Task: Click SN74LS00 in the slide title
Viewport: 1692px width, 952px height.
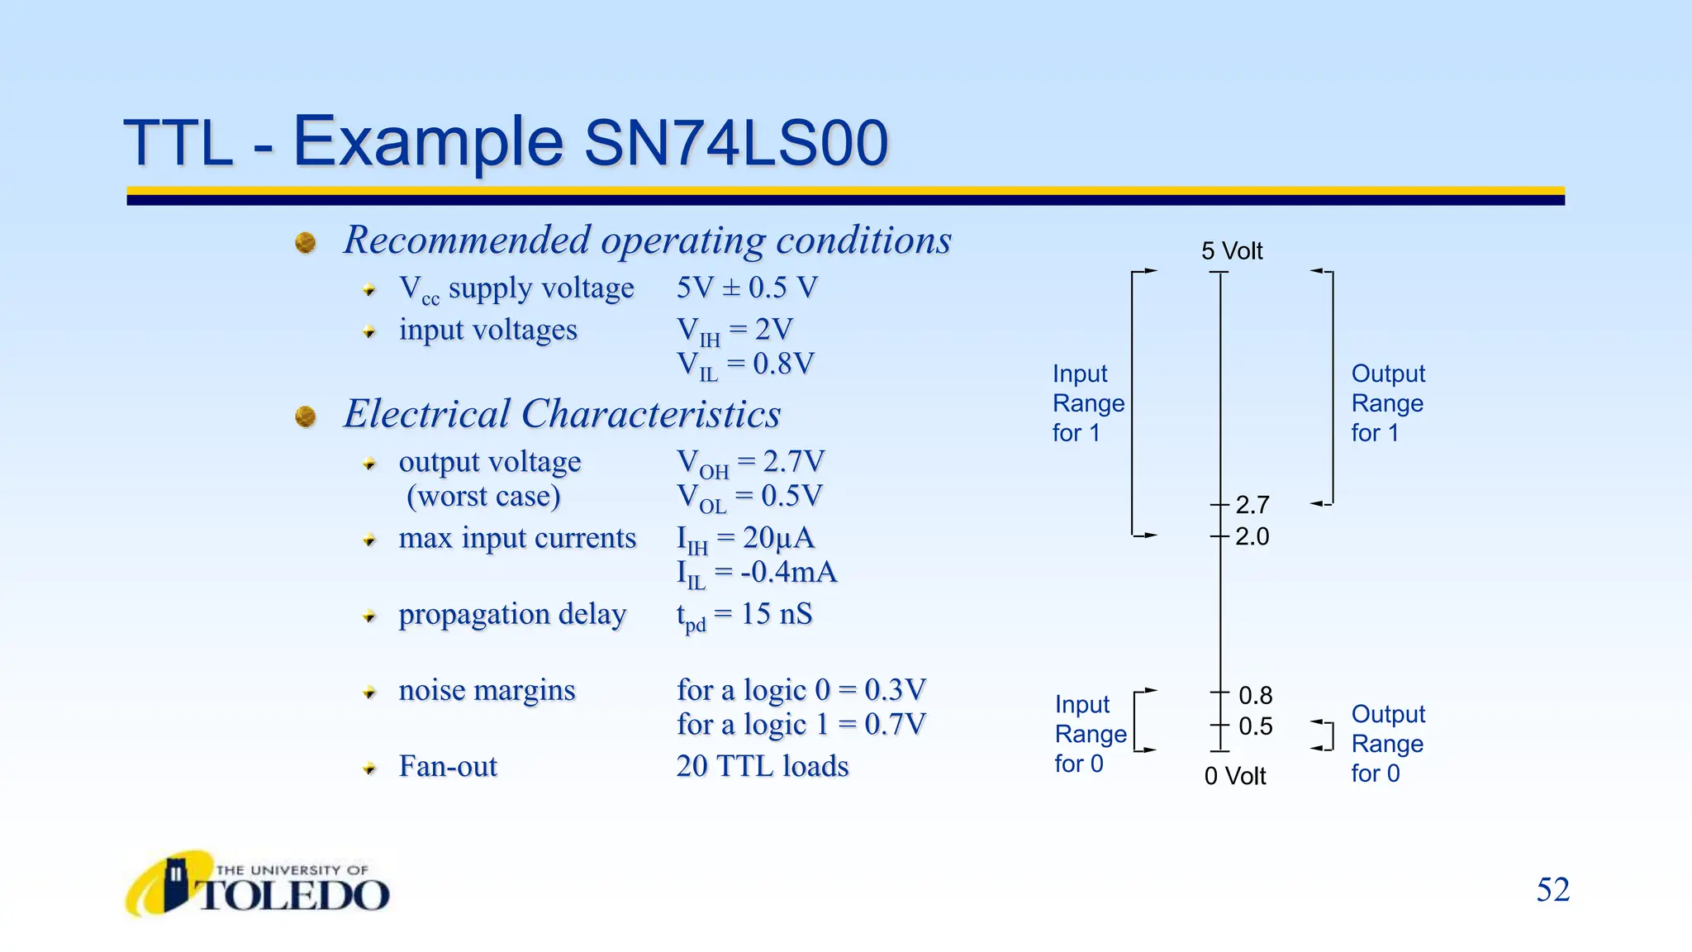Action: tap(735, 143)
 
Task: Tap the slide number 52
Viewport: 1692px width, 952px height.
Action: tap(1552, 890)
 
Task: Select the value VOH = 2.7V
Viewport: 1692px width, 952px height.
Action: tap(750, 463)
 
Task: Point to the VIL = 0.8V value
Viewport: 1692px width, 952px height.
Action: tap(745, 364)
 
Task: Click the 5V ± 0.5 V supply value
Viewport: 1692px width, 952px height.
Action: tap(747, 288)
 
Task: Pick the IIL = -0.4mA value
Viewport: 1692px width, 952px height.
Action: tap(756, 573)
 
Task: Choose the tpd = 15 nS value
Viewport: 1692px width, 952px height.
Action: tap(744, 615)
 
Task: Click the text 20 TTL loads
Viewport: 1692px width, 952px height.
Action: tap(762, 766)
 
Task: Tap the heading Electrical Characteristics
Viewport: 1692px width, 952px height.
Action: tap(562, 414)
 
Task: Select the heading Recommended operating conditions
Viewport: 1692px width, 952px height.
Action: tap(647, 240)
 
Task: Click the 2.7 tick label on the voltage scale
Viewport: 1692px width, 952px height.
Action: tap(1252, 504)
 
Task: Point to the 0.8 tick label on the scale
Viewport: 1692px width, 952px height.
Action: tap(1255, 695)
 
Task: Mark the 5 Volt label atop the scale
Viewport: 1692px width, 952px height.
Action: tap(1232, 250)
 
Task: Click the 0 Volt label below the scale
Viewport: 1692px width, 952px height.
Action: tap(1234, 776)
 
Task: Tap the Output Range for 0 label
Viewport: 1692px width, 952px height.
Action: tap(1387, 743)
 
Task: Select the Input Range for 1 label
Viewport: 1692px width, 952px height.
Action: tap(1087, 403)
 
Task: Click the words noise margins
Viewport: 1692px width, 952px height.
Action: tap(487, 690)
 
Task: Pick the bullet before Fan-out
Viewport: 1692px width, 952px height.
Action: tap(369, 769)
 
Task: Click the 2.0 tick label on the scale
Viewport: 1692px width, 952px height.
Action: tap(1252, 536)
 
